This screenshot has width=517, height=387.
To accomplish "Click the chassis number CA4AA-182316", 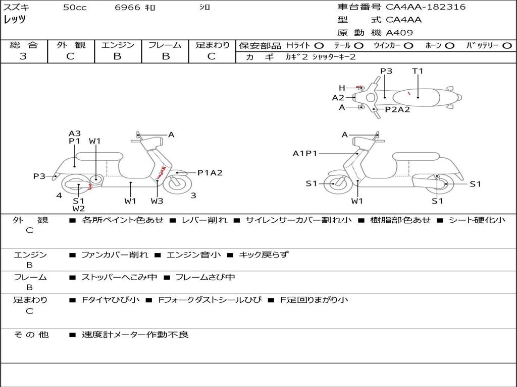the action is tap(426, 7).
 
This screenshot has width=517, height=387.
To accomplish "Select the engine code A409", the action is tap(399, 33).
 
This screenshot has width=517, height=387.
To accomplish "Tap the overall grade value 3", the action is tap(23, 56).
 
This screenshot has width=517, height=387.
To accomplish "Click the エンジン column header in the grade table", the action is tap(118, 45).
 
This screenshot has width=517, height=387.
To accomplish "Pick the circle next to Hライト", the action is tap(319, 46).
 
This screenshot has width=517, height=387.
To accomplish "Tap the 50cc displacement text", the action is tap(75, 8).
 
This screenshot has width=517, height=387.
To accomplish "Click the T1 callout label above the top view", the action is tap(418, 71).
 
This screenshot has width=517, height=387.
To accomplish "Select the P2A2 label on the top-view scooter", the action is tap(397, 109).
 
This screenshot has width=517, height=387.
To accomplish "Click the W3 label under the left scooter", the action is tap(157, 201).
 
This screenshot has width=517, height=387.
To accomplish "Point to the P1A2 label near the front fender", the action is tap(210, 173).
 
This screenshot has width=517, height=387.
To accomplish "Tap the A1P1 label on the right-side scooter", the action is tap(305, 153).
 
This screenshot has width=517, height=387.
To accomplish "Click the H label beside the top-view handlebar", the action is tap(342, 88).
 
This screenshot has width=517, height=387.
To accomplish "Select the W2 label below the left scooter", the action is tap(78, 208).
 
